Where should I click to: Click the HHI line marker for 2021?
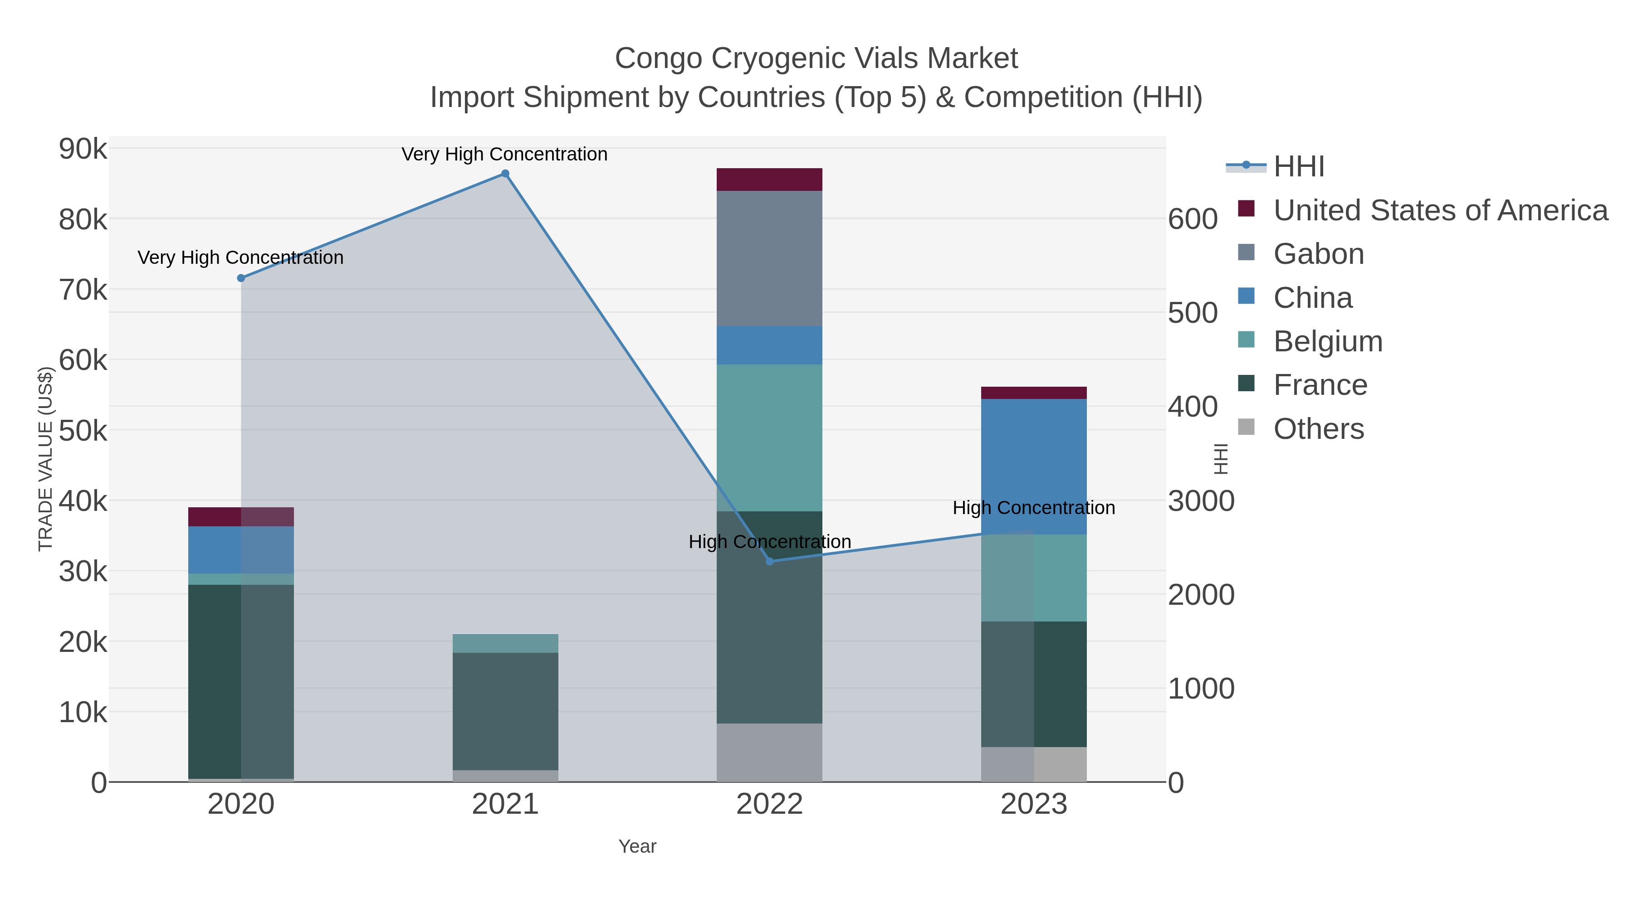505,174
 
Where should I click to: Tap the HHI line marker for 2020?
241,278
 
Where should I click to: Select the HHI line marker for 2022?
770,561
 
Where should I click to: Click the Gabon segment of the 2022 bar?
770,258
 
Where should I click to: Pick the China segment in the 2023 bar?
1034,466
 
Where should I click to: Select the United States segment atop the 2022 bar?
770,179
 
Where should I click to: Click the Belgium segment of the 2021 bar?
505,643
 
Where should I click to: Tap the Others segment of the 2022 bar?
770,752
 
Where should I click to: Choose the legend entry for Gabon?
1319,254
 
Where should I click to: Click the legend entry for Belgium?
1327,341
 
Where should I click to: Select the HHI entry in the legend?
1298,167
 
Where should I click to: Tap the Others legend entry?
1319,429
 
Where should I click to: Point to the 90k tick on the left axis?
83,150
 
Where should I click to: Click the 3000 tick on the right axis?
1201,501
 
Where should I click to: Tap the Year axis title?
637,846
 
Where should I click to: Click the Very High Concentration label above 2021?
504,154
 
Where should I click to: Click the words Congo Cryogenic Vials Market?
816,58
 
